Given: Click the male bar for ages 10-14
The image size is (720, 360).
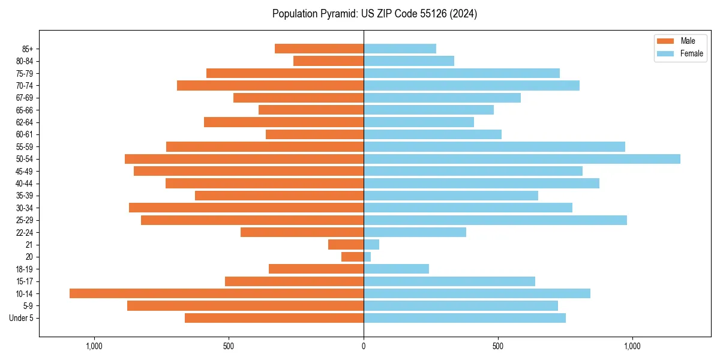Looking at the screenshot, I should pos(216,293).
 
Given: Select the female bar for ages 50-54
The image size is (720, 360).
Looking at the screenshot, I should pos(521,159).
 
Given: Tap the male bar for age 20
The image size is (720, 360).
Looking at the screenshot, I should pos(353,257).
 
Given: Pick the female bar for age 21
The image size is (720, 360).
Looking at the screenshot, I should pos(371,245).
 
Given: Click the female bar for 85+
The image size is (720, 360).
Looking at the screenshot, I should pos(400,49).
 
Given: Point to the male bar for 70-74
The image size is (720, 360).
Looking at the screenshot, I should pos(270,86).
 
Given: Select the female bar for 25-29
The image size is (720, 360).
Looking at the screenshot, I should pos(495,220).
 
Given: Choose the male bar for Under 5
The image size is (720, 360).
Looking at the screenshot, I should pos(274,318).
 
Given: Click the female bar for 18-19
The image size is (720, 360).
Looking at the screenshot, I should pos(396,269).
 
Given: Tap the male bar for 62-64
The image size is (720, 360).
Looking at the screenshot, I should pos(284,122).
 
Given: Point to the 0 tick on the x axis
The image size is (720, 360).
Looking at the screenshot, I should pos(364,346).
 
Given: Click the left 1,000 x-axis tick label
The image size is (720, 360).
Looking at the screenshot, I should pos(94,346).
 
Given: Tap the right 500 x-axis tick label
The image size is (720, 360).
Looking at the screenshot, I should pos(497,346).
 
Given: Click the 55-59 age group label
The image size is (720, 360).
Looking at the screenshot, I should pos(25,147).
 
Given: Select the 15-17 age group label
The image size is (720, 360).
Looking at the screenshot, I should pos(25,281).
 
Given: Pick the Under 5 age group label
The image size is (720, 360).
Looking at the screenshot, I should pos(22,318).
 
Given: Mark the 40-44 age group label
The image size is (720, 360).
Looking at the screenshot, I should pos(25,184).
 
